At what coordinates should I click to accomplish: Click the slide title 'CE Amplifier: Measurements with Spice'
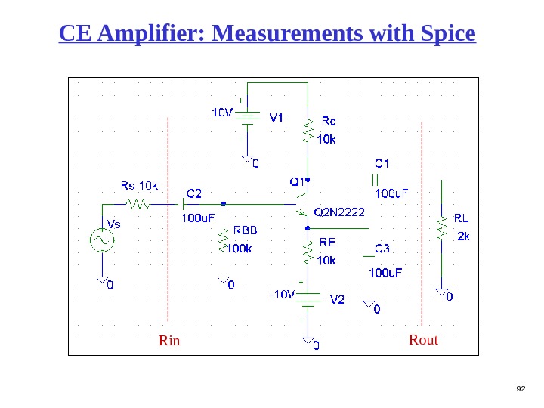267,34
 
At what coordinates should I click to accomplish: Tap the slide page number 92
520,388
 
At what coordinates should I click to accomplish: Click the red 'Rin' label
169,341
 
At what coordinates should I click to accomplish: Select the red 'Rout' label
423,340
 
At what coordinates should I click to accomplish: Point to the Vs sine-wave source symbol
100,241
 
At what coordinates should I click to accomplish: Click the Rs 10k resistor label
140,186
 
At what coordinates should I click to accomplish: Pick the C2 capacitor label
194,193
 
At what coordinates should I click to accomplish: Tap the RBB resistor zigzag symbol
223,240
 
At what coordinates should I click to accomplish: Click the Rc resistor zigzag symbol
308,130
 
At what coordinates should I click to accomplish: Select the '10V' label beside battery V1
221,113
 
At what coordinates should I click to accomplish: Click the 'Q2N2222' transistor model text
339,212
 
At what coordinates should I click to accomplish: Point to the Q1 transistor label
297,181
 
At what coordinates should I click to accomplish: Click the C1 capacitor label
382,162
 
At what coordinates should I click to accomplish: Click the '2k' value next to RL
464,236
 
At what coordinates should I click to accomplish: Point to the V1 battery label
277,117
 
